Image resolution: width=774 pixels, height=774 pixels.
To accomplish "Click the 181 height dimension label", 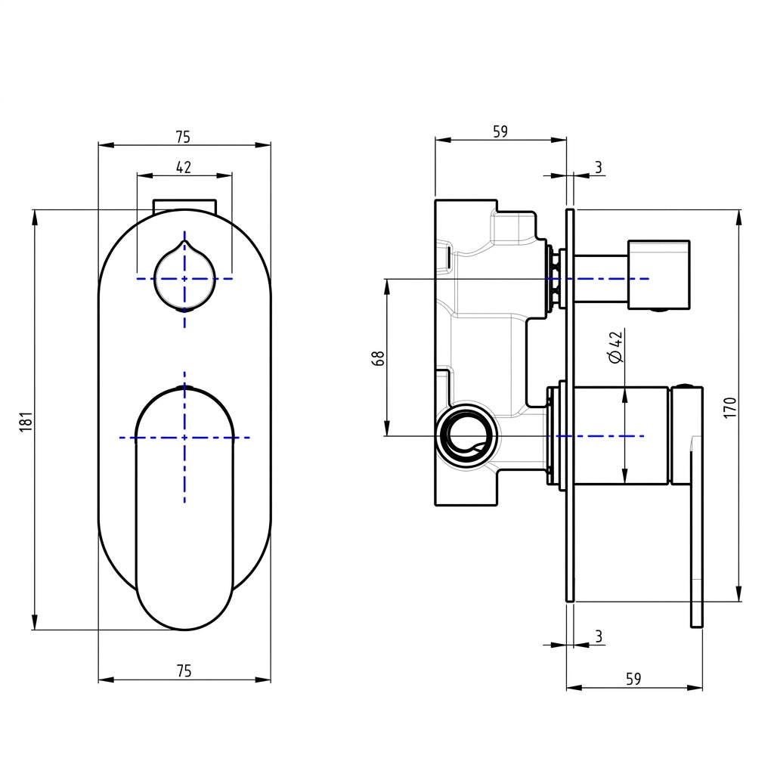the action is (x=26, y=421).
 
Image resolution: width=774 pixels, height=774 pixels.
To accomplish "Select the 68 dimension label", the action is (x=378, y=358).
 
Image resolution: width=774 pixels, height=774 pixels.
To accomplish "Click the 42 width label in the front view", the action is (x=184, y=167).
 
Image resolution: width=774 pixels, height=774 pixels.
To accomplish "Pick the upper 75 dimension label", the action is (x=183, y=137).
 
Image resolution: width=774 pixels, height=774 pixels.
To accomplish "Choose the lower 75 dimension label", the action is (x=184, y=671).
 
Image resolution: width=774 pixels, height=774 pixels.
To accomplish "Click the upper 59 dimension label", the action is (x=500, y=132).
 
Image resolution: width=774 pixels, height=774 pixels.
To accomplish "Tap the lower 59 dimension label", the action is (x=633, y=679).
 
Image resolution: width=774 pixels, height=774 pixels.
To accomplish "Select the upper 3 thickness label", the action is (x=599, y=167).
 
